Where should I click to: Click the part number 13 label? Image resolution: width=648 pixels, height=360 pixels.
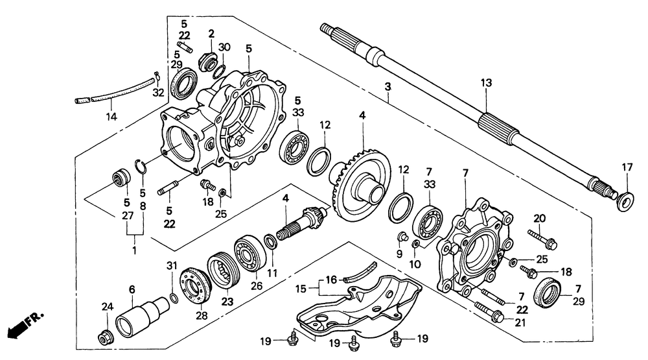coord(486,82)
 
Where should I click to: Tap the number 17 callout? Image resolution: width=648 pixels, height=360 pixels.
coord(627,167)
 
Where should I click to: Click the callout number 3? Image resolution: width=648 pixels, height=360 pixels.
coord(388,86)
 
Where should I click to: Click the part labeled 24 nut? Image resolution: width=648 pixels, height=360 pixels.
coord(104,337)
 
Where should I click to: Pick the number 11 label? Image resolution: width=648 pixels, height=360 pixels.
coord(272,273)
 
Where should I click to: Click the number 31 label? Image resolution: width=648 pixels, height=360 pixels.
coord(172,265)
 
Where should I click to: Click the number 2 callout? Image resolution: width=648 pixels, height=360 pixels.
coord(211,33)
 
